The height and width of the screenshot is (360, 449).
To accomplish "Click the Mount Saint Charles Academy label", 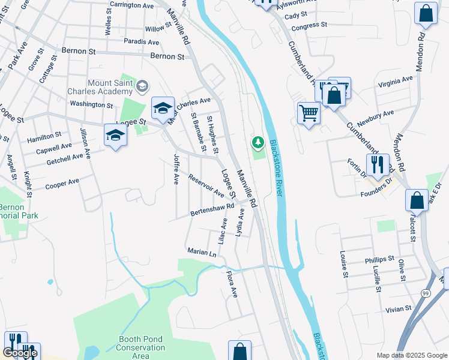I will (110, 87).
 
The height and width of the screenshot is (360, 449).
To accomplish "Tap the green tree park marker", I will (258, 143).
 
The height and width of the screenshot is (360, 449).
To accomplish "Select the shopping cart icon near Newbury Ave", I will (309, 112).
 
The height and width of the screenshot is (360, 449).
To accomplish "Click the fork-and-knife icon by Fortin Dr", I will (377, 163).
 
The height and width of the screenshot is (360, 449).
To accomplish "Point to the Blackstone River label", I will (276, 167).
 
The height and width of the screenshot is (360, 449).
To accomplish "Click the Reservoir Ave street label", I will (206, 186).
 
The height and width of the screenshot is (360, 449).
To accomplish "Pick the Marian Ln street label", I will (201, 253).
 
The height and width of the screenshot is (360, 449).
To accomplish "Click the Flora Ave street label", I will (232, 284).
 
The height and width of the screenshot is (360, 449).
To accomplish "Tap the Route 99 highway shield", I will (426, 293).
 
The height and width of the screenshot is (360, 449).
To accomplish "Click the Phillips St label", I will (379, 260).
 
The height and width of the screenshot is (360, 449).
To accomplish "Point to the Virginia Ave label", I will (395, 82).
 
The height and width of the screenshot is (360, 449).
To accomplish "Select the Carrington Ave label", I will (132, 5).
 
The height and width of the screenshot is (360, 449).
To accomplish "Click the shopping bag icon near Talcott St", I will (417, 200).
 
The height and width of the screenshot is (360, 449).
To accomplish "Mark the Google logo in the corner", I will (20, 353).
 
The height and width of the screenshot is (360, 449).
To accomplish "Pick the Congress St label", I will (309, 26).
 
